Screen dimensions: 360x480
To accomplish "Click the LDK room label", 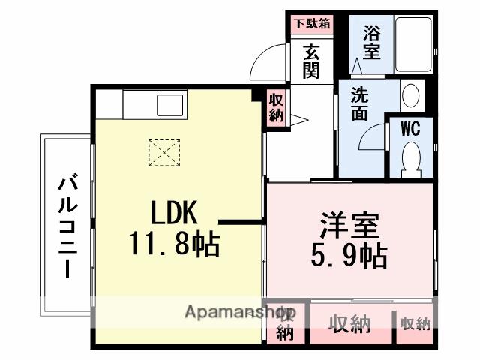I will click(174, 214).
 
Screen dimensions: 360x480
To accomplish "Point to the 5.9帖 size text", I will click(349, 257).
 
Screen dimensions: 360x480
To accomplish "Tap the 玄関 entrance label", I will click(312, 61).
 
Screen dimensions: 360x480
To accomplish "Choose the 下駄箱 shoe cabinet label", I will click(311, 23).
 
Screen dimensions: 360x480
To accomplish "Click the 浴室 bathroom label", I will click(371, 43).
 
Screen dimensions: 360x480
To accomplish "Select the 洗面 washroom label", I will click(359, 104).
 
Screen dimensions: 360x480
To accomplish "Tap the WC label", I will click(409, 127).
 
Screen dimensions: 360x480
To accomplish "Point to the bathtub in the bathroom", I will click(412, 45).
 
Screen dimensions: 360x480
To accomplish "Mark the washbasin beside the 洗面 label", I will click(410, 95).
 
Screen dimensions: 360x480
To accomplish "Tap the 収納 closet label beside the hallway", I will click(276, 108).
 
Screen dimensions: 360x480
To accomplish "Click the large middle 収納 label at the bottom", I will click(350, 324).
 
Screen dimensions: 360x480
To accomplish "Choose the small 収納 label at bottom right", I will click(415, 324).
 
